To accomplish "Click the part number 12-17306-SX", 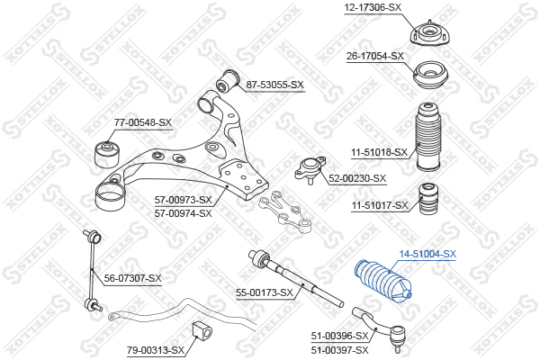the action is click(x=373, y=7).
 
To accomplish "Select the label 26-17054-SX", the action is click(x=375, y=56).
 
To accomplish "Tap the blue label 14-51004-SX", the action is click(x=427, y=254).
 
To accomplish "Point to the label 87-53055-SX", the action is click(x=274, y=85).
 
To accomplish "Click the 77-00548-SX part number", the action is click(x=143, y=122).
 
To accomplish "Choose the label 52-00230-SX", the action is click(x=357, y=178).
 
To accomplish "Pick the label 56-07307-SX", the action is click(x=133, y=278).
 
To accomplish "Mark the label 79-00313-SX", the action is click(x=156, y=351).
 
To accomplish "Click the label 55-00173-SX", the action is click(x=265, y=292).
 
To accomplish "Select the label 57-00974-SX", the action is click(x=184, y=213).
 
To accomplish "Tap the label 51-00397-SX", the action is click(x=340, y=350).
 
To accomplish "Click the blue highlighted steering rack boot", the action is click(x=383, y=281).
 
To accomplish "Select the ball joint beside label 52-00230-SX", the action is click(x=310, y=168).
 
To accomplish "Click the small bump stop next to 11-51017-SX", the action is click(x=428, y=198).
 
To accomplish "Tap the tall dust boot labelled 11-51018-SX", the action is click(x=428, y=137).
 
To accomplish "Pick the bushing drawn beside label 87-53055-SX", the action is click(x=227, y=81).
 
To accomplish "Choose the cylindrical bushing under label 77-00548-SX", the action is click(x=107, y=155).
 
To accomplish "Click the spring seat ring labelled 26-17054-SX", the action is click(x=430, y=76).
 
